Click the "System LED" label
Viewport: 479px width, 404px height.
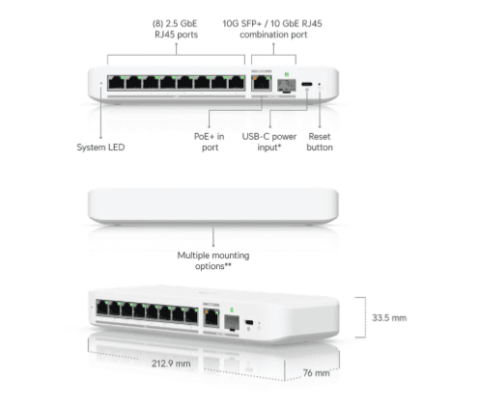(100, 148)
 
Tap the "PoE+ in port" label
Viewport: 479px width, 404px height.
(210, 142)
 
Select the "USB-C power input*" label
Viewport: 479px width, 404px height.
(269, 142)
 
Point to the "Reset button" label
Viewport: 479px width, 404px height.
(320, 142)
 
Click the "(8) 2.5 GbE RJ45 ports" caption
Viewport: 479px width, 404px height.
(176, 29)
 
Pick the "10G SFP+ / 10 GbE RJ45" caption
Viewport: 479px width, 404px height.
(272, 23)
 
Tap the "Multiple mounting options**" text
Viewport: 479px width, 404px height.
(213, 260)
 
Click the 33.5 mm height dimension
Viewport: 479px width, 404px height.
(389, 318)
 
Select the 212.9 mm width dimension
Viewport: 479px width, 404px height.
(171, 364)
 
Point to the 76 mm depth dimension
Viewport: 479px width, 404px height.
(316, 373)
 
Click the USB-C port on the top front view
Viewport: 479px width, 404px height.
(306, 85)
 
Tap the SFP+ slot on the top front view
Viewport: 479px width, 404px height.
(286, 86)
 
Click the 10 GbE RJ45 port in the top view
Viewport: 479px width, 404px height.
(262, 83)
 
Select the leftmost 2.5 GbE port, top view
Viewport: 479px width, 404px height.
(117, 83)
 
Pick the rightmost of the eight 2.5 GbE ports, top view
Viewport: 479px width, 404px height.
(237, 83)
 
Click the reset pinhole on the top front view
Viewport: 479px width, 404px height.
(320, 84)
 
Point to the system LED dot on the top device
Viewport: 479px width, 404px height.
(101, 83)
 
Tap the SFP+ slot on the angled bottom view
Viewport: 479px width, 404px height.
(232, 322)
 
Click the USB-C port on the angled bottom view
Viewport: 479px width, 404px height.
(249, 322)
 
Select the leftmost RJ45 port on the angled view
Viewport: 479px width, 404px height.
(102, 308)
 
